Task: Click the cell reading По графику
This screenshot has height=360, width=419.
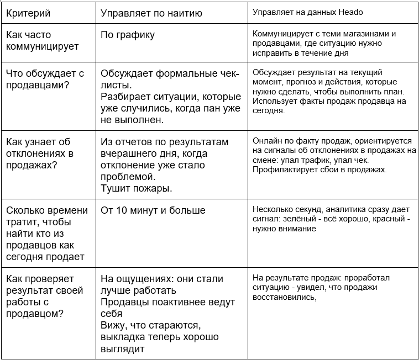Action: [x=128, y=35]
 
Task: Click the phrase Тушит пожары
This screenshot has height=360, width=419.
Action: [x=136, y=188]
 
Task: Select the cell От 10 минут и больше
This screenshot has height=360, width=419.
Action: [x=153, y=210]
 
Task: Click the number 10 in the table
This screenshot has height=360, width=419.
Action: [x=123, y=210]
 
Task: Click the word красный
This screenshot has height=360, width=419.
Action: [x=392, y=219]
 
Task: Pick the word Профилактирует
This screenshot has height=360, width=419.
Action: [x=282, y=170]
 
